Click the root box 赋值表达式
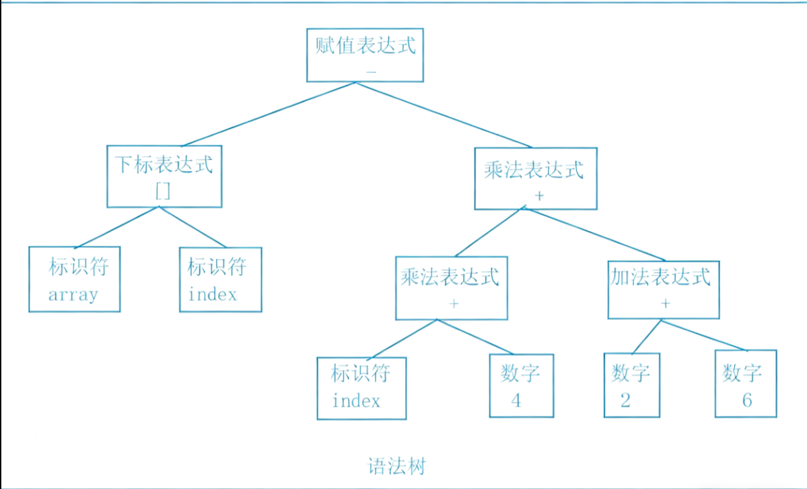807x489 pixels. pos(365,55)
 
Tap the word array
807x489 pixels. pos(73,295)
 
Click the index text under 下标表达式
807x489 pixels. pos(213,294)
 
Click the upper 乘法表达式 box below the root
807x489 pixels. pos(535,178)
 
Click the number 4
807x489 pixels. pos(516,401)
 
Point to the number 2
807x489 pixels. pos(626,401)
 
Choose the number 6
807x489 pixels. pos(747,400)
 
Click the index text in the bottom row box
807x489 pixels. pos(356,401)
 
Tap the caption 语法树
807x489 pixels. pos(397,467)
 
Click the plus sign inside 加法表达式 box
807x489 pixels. pos(666,303)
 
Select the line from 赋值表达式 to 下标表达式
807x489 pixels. pos(269,114)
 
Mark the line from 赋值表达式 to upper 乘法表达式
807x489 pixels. pos(444,115)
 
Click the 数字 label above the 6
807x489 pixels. pos(742,372)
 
